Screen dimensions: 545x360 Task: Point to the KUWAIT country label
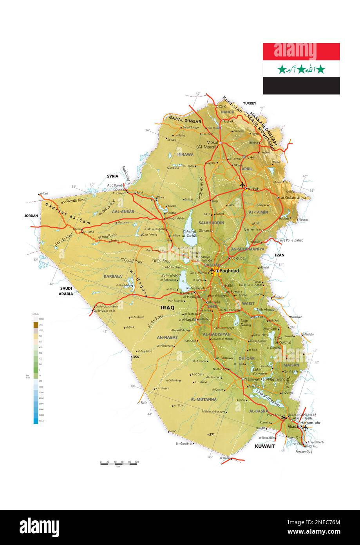click(x=265, y=446)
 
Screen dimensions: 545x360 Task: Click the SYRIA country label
click(x=112, y=176)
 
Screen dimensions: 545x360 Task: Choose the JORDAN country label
click(x=31, y=216)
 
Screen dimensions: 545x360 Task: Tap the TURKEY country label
click(x=249, y=104)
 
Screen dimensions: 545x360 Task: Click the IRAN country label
click(x=279, y=255)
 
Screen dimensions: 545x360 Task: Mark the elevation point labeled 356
click(x=136, y=357)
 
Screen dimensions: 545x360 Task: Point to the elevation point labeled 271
click(x=212, y=434)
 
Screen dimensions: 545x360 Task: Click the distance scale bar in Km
click(x=119, y=464)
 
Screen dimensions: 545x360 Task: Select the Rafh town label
click(x=144, y=403)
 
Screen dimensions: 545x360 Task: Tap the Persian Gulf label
click(x=304, y=452)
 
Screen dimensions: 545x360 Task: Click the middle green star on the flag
click(x=301, y=69)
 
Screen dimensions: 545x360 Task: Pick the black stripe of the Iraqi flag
click(x=301, y=85)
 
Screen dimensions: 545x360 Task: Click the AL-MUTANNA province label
click(x=203, y=399)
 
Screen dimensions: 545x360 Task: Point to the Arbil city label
click(x=251, y=158)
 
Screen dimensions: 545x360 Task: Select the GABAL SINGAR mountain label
click(x=185, y=119)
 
